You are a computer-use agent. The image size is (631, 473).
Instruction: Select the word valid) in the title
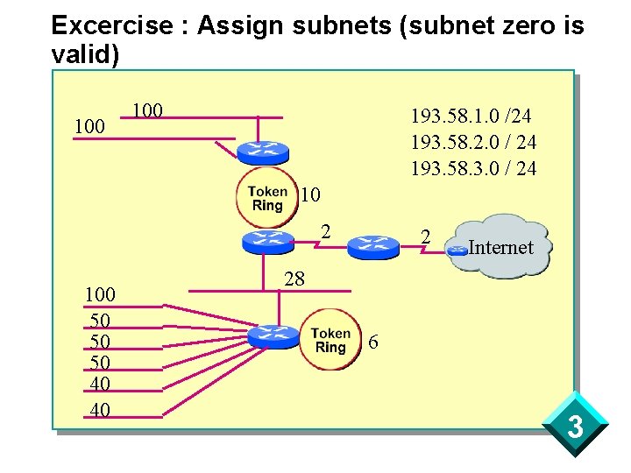tap(85, 53)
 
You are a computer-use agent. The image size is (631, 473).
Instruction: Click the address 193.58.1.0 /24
tap(471, 116)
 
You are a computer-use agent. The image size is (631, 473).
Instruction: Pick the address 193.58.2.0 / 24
tap(473, 142)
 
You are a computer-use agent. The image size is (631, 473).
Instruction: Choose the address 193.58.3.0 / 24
tap(473, 167)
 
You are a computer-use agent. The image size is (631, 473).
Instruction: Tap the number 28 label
tap(294, 279)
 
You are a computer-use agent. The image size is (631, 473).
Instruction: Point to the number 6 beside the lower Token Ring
tap(373, 342)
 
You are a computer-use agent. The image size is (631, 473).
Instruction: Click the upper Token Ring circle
tap(266, 197)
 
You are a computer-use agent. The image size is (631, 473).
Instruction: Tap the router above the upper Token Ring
tap(262, 152)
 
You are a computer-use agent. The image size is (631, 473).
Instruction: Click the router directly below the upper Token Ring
tap(266, 240)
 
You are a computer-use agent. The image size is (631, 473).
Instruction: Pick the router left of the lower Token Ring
tap(273, 335)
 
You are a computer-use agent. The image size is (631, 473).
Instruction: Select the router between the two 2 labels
tap(372, 247)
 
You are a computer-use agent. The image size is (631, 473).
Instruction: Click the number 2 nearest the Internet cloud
tap(425, 236)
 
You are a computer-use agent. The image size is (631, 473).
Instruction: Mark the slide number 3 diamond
tap(575, 428)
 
